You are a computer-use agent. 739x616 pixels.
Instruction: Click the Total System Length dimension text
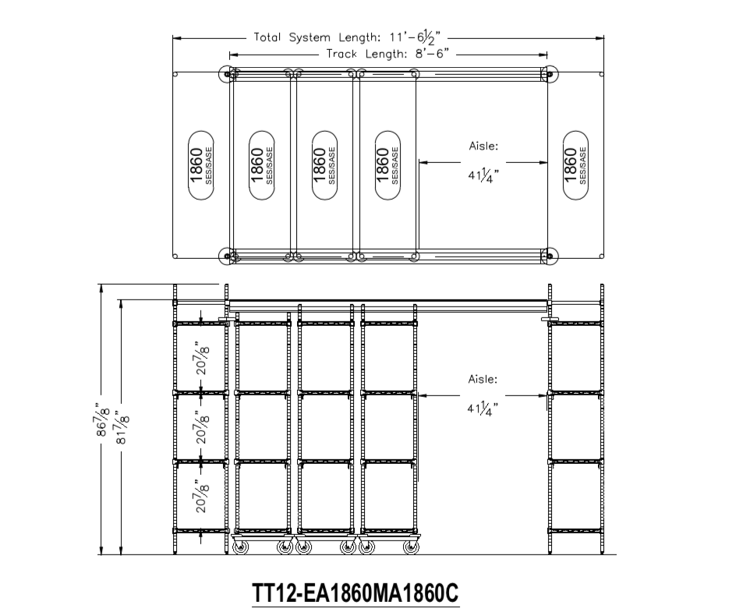pyautogui.click(x=349, y=37)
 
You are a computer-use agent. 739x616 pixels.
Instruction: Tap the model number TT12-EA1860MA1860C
pyautogui.click(x=355, y=593)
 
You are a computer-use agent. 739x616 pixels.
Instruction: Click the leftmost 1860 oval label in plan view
pyautogui.click(x=201, y=165)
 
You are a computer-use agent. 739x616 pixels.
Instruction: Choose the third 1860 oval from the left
pyautogui.click(x=324, y=165)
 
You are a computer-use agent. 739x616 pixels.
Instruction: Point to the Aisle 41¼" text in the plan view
pyautogui.click(x=483, y=161)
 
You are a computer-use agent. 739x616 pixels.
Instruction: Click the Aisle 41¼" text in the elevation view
pyautogui.click(x=483, y=394)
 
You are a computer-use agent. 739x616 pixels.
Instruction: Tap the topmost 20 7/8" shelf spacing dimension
pyautogui.click(x=203, y=358)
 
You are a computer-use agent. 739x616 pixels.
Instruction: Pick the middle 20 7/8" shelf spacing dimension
pyautogui.click(x=203, y=427)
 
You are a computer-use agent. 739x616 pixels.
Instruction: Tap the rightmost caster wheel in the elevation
pyautogui.click(x=411, y=548)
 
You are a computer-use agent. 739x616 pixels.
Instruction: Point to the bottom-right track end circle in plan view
pyautogui.click(x=550, y=255)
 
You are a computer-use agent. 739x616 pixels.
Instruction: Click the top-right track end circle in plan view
pyautogui.click(x=550, y=73)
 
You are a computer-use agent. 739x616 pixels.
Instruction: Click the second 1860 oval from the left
pyautogui.click(x=262, y=165)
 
